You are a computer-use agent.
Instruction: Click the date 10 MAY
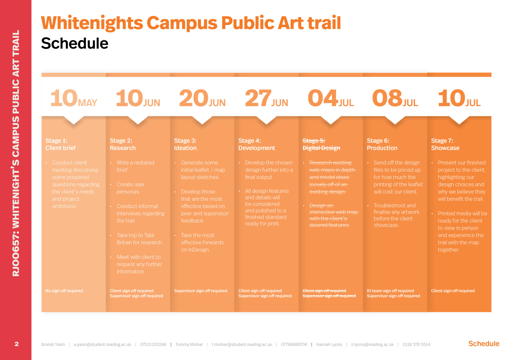(73, 98)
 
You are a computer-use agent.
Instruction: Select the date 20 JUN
(202, 98)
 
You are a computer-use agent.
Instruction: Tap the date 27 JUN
(266, 98)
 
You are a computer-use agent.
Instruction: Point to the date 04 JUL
(331, 98)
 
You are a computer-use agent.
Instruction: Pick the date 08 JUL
(395, 98)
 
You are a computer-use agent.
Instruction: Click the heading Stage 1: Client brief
(60, 144)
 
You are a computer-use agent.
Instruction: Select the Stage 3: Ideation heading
(185, 144)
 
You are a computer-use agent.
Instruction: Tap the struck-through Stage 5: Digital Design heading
(321, 144)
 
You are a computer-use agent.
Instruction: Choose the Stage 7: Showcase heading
(445, 144)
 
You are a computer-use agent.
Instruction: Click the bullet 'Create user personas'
(130, 188)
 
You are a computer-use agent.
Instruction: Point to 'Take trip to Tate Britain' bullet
(139, 239)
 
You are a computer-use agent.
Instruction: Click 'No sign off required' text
(64, 291)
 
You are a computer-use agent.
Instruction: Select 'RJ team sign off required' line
(390, 291)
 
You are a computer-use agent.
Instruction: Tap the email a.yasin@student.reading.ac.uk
(102, 344)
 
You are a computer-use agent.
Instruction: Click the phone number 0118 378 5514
(416, 344)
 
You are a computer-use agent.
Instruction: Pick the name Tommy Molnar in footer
(189, 344)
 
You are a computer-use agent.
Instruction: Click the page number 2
(16, 344)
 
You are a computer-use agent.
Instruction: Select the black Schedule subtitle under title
(75, 43)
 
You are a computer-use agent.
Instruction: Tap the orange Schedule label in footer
(484, 344)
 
